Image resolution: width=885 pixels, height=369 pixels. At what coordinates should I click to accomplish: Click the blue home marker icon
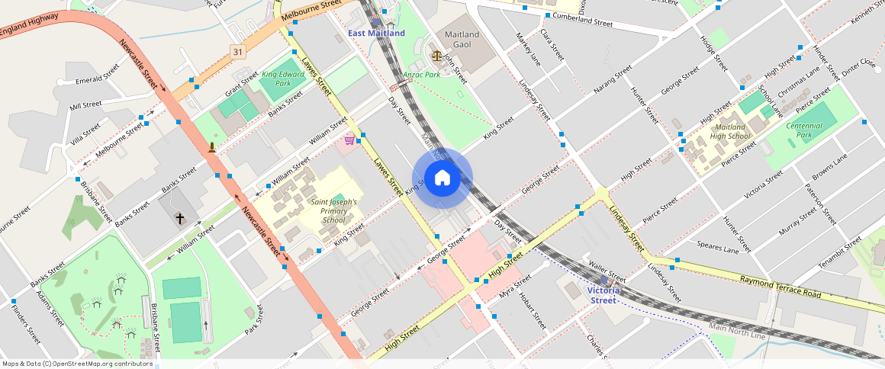(442, 178)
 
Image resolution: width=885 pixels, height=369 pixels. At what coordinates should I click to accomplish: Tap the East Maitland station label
(376, 34)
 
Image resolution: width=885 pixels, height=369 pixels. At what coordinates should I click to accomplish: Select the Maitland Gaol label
(462, 40)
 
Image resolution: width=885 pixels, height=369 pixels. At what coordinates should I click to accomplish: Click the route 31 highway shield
(240, 52)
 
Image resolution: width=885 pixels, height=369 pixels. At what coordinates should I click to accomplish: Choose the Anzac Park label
(421, 75)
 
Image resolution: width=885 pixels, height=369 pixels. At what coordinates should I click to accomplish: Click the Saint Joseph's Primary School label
(333, 210)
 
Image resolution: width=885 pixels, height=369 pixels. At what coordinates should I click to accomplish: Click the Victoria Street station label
(603, 295)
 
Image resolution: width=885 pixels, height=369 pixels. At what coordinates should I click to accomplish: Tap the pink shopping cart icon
(349, 140)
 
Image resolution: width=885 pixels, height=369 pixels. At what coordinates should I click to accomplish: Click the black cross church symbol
(180, 219)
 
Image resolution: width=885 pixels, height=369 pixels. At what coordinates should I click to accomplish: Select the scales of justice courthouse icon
(436, 56)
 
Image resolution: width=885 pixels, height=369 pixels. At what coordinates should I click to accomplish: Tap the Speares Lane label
(718, 247)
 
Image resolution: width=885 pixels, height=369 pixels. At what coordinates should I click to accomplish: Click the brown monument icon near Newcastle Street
(211, 146)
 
